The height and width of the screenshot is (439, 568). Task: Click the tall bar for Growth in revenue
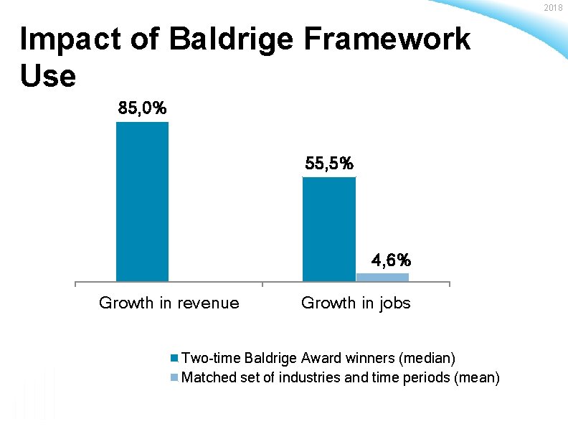[142, 202]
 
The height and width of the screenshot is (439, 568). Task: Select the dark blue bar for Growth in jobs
[329, 229]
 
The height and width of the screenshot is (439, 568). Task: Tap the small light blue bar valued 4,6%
[382, 277]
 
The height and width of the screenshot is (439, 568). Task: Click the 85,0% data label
[143, 109]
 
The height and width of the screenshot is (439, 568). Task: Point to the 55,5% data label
[329, 164]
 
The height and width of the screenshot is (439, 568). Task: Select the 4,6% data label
[391, 259]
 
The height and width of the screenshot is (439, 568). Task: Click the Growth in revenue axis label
[169, 303]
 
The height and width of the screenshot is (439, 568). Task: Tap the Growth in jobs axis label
[356, 303]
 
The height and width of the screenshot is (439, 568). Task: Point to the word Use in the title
[48, 75]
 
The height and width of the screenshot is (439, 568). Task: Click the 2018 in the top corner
[554, 7]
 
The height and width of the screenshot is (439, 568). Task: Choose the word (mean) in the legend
[477, 377]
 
